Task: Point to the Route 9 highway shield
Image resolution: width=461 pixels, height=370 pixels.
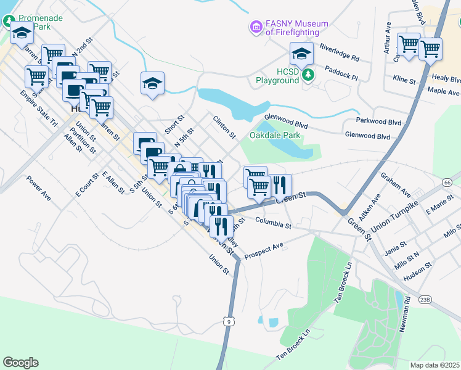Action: click(x=229, y=321)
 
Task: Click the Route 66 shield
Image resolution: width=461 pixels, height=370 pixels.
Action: click(x=447, y=183)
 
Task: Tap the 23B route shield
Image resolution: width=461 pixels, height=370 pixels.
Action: click(x=425, y=299)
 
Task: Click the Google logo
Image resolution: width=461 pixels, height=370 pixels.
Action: click(x=20, y=362)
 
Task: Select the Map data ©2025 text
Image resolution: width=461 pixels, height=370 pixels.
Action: click(x=434, y=365)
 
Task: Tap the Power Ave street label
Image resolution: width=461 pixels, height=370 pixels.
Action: click(x=38, y=189)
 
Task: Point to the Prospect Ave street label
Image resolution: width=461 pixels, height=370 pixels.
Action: click(x=264, y=250)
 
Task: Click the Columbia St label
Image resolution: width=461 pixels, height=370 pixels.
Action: click(x=273, y=223)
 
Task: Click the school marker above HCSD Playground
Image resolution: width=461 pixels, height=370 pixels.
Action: click(x=301, y=54)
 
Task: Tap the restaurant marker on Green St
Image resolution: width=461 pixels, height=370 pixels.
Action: click(x=280, y=185)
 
